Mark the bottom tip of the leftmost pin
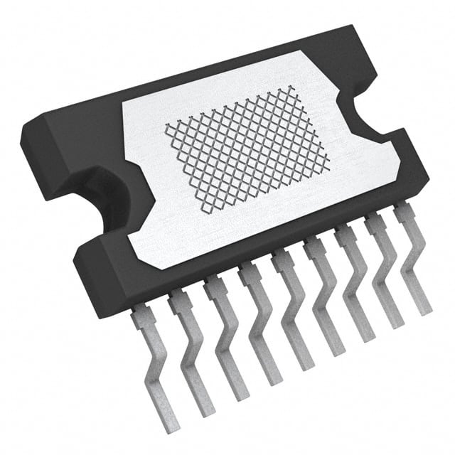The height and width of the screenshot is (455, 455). pos(171,424)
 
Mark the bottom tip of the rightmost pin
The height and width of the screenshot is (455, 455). pos(424,310)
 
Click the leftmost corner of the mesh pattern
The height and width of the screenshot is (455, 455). pos(166,127)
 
